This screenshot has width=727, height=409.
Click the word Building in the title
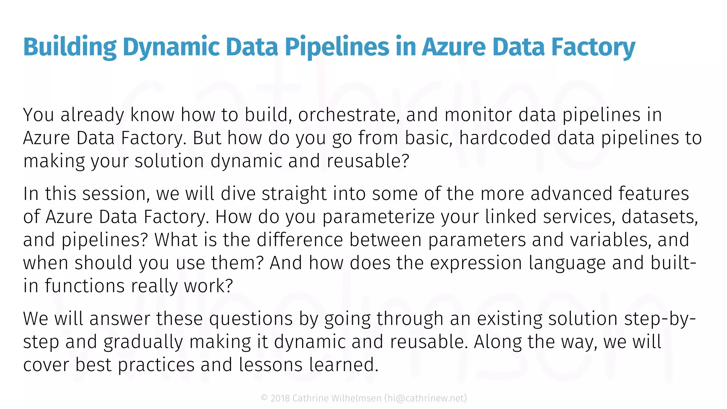pos(70,47)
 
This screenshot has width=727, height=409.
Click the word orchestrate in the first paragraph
pos(347,115)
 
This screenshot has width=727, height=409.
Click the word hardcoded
pos(505,138)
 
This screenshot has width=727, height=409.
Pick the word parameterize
pos(378,217)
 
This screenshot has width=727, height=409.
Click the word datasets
pos(660,217)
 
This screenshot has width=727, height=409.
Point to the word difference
pos(300,240)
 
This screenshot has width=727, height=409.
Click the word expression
pos(476,263)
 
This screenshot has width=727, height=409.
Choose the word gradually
pos(143,342)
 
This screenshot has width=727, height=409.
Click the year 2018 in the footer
pos(280,398)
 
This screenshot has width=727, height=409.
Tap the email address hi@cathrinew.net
pos(426,398)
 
